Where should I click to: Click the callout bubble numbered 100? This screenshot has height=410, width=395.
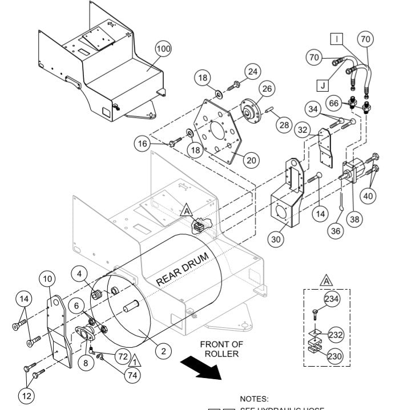(163, 50)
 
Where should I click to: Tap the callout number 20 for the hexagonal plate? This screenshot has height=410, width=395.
(249, 160)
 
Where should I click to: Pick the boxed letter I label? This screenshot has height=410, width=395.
(338, 39)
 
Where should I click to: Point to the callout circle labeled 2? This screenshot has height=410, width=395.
(163, 351)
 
